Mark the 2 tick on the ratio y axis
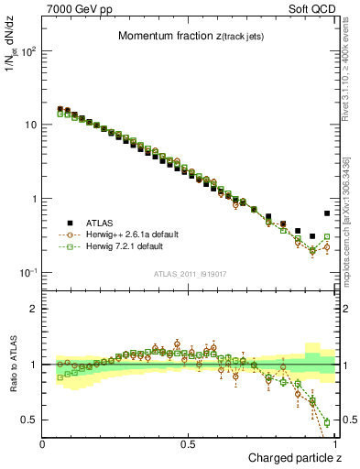(33, 309)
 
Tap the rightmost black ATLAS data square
(327, 213)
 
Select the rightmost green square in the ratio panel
(327, 422)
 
